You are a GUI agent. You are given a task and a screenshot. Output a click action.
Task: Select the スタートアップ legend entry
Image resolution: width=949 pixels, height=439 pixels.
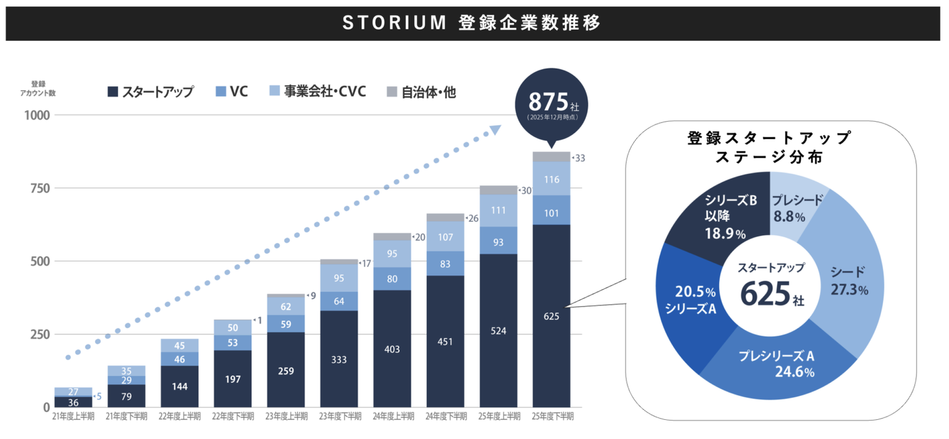(150, 92)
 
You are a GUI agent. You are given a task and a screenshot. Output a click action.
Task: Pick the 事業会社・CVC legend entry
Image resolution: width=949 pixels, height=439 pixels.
(318, 91)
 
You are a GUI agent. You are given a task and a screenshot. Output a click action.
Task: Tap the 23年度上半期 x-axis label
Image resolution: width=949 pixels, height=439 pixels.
(286, 417)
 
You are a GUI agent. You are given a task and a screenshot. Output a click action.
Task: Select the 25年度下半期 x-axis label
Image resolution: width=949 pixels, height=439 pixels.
(552, 417)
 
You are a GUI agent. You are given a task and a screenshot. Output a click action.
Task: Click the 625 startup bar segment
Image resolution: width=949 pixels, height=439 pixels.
(552, 316)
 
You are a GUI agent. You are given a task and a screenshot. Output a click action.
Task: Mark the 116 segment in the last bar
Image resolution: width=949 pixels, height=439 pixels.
(552, 179)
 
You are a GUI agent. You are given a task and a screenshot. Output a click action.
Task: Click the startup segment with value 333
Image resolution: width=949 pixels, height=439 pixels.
(339, 359)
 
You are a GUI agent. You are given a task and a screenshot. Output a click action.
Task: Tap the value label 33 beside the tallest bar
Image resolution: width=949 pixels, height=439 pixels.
(580, 158)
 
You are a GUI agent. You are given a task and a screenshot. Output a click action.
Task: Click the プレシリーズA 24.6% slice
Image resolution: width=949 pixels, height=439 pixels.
(778, 362)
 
